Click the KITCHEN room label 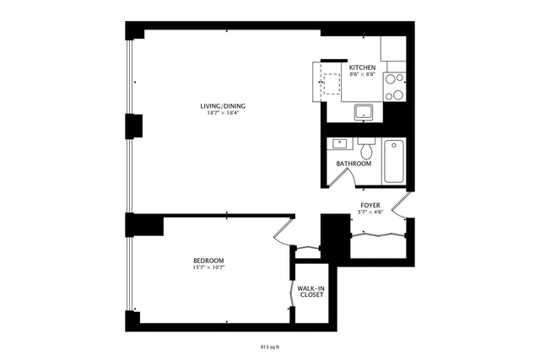tap(363, 67)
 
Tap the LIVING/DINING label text tap(224, 105)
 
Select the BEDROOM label tap(208, 261)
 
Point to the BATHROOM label tap(354, 164)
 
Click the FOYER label tap(370, 206)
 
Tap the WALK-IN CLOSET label tap(311, 291)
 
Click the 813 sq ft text tap(270, 345)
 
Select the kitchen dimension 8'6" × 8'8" tap(363, 74)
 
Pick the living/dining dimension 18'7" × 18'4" tap(224, 113)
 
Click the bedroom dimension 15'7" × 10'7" tap(208, 269)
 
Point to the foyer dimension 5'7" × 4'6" tap(370, 213)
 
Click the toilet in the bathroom tap(365, 149)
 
